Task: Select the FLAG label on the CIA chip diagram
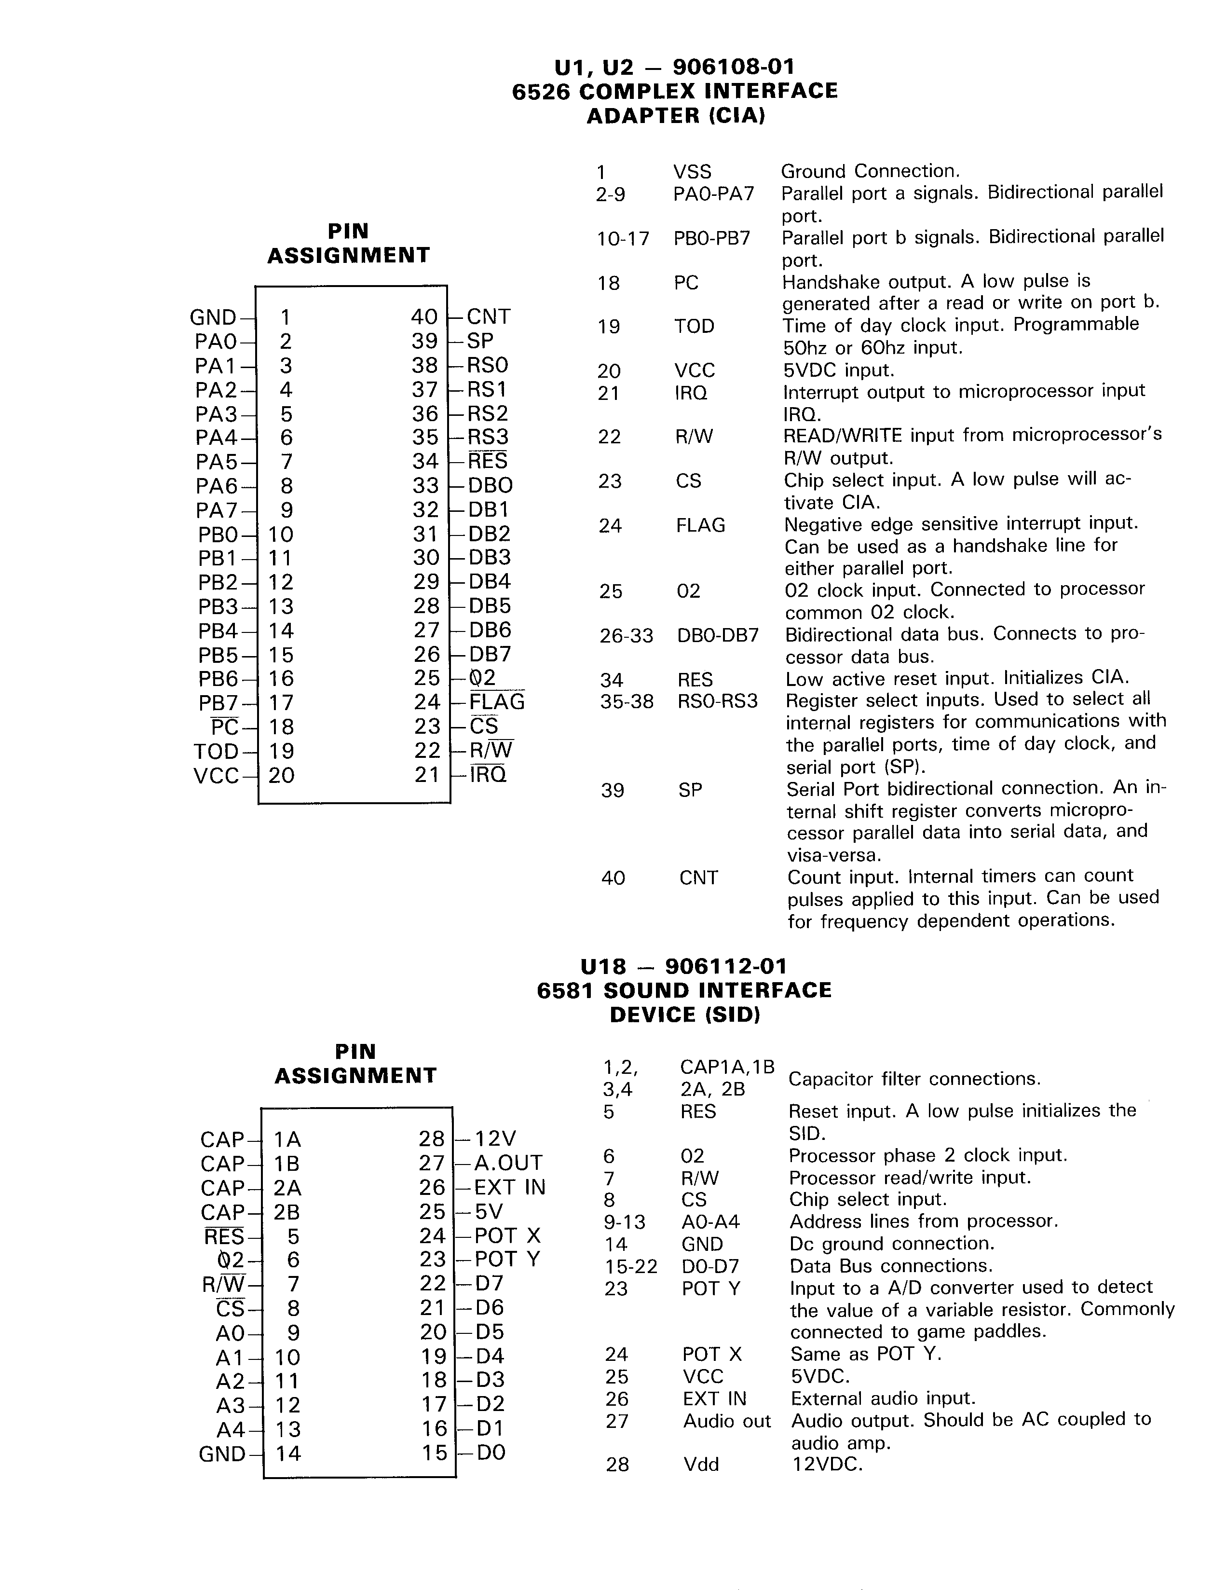tap(497, 702)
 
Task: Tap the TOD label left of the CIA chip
tap(216, 751)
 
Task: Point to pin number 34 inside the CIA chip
tap(426, 462)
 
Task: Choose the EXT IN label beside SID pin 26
tap(509, 1187)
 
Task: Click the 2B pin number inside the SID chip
tap(287, 1212)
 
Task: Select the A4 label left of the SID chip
tap(231, 1430)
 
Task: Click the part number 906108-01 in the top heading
tap(734, 67)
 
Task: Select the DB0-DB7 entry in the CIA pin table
tap(718, 635)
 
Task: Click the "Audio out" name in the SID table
tap(726, 1421)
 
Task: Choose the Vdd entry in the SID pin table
tap(701, 1464)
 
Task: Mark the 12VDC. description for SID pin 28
tap(827, 1464)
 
